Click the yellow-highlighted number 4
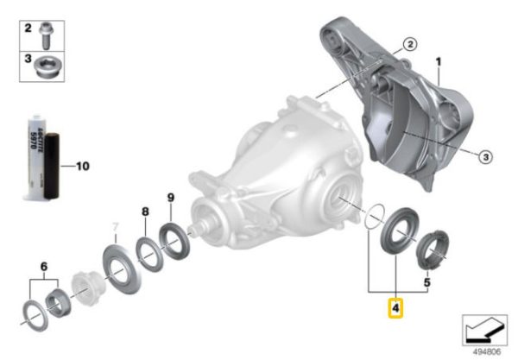pyautogui.click(x=395, y=308)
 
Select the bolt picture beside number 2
pyautogui.click(x=45, y=36)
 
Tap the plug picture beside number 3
pyautogui.click(x=46, y=67)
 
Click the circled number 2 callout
pyautogui.click(x=410, y=44)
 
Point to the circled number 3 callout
pyautogui.click(x=485, y=156)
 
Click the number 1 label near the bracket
pyautogui.click(x=439, y=62)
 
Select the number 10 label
pyautogui.click(x=83, y=166)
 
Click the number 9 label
pyautogui.click(x=170, y=198)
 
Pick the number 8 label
pyautogui.click(x=145, y=212)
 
